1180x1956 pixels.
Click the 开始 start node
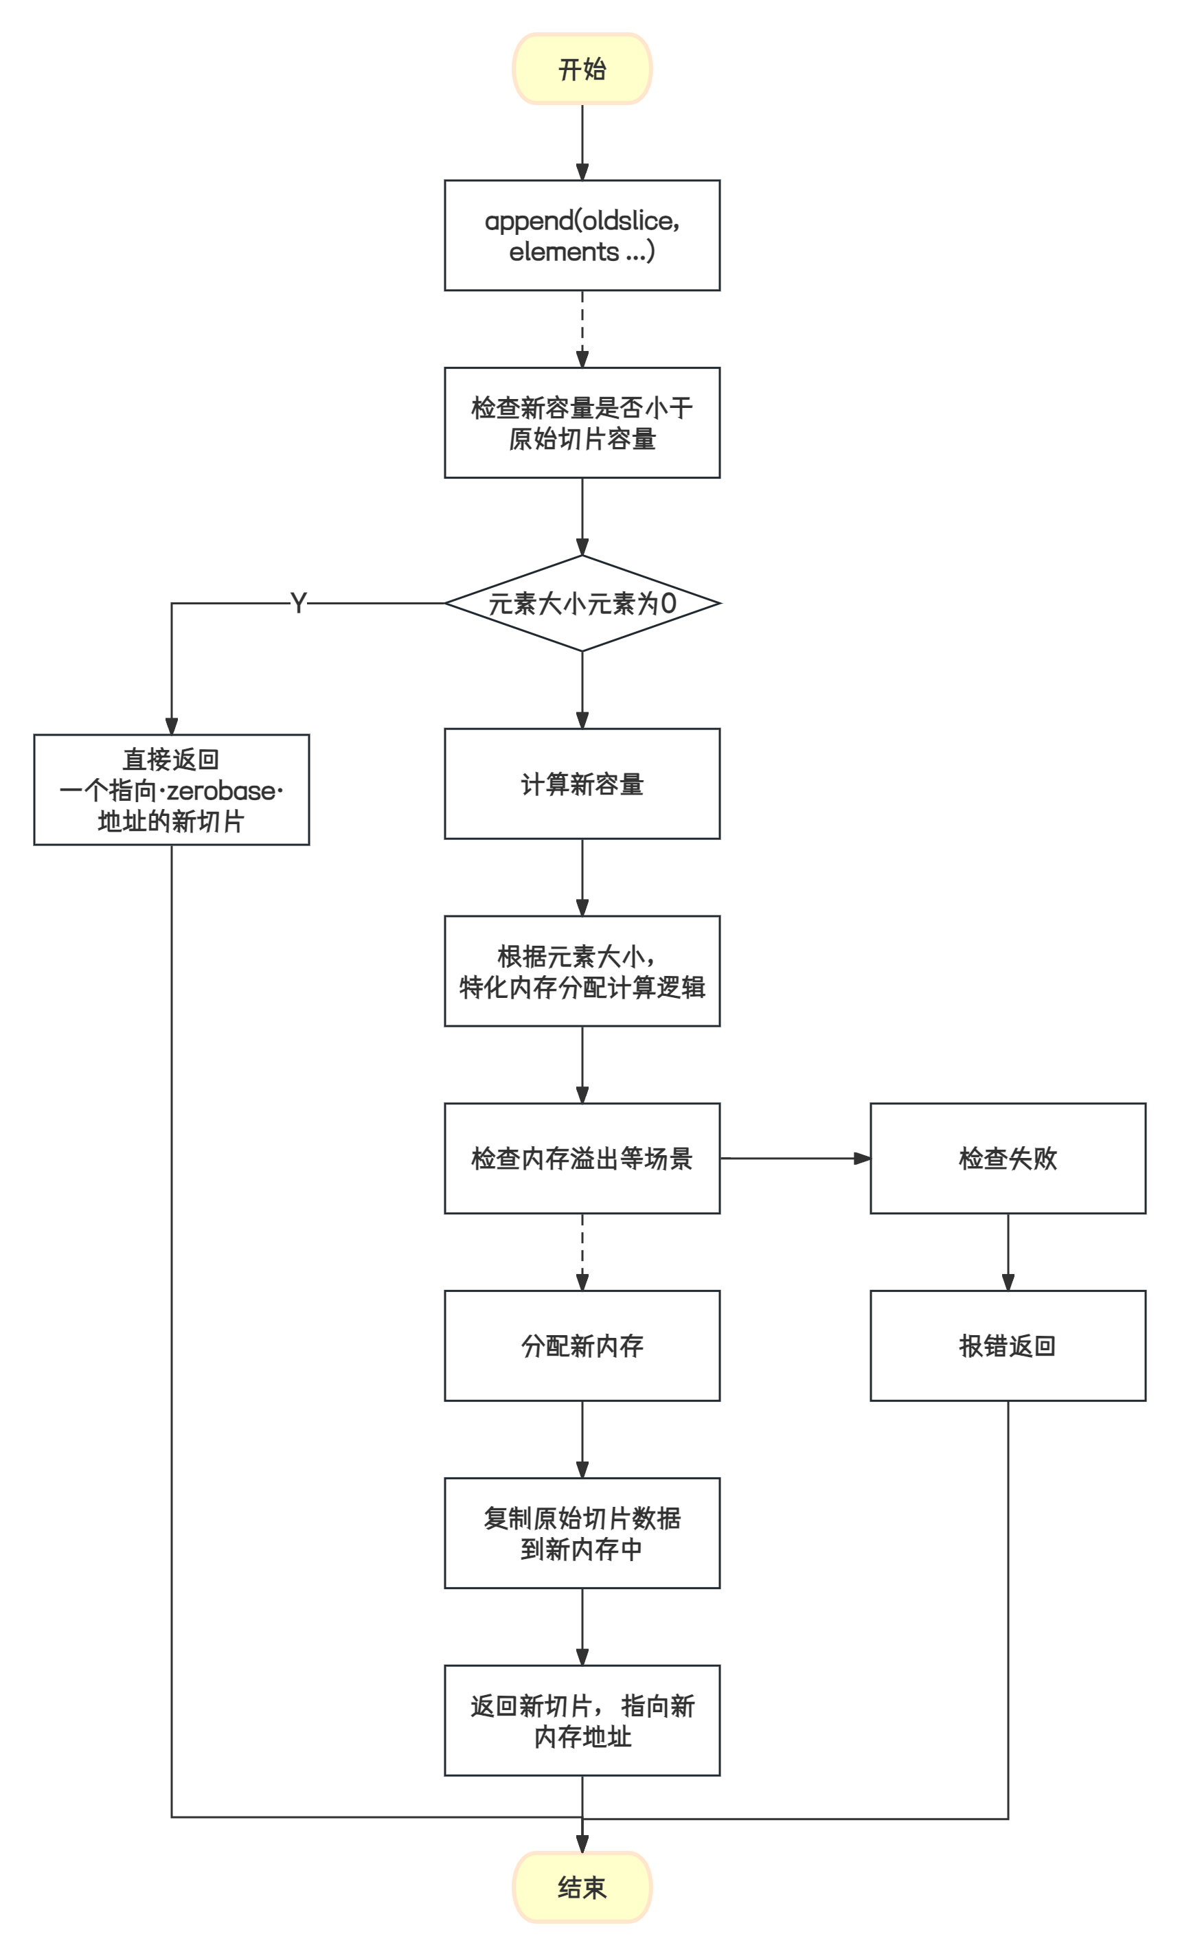coord(582,69)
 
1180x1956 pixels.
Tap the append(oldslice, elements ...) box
coord(582,236)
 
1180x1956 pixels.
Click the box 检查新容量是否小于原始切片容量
coord(582,422)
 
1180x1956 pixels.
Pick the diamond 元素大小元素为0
coord(582,603)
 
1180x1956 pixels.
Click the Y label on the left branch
coord(299,603)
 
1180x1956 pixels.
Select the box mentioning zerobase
coord(172,790)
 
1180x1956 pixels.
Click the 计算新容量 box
coord(582,784)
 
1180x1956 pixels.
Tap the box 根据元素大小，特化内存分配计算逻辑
coord(582,971)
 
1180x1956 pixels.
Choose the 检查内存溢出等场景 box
coord(582,1158)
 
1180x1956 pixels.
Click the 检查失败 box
coord(1008,1158)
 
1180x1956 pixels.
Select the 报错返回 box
coord(1008,1345)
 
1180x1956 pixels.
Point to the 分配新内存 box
coord(582,1345)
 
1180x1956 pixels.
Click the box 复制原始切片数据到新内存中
coord(582,1533)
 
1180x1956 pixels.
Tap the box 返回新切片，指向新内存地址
coord(582,1720)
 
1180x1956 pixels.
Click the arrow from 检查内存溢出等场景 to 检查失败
coord(794,1158)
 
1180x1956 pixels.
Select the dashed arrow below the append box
coord(582,330)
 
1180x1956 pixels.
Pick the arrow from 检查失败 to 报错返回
coord(1008,1252)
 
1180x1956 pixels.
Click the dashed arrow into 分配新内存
coord(582,1252)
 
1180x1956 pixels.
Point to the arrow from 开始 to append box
coord(582,142)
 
